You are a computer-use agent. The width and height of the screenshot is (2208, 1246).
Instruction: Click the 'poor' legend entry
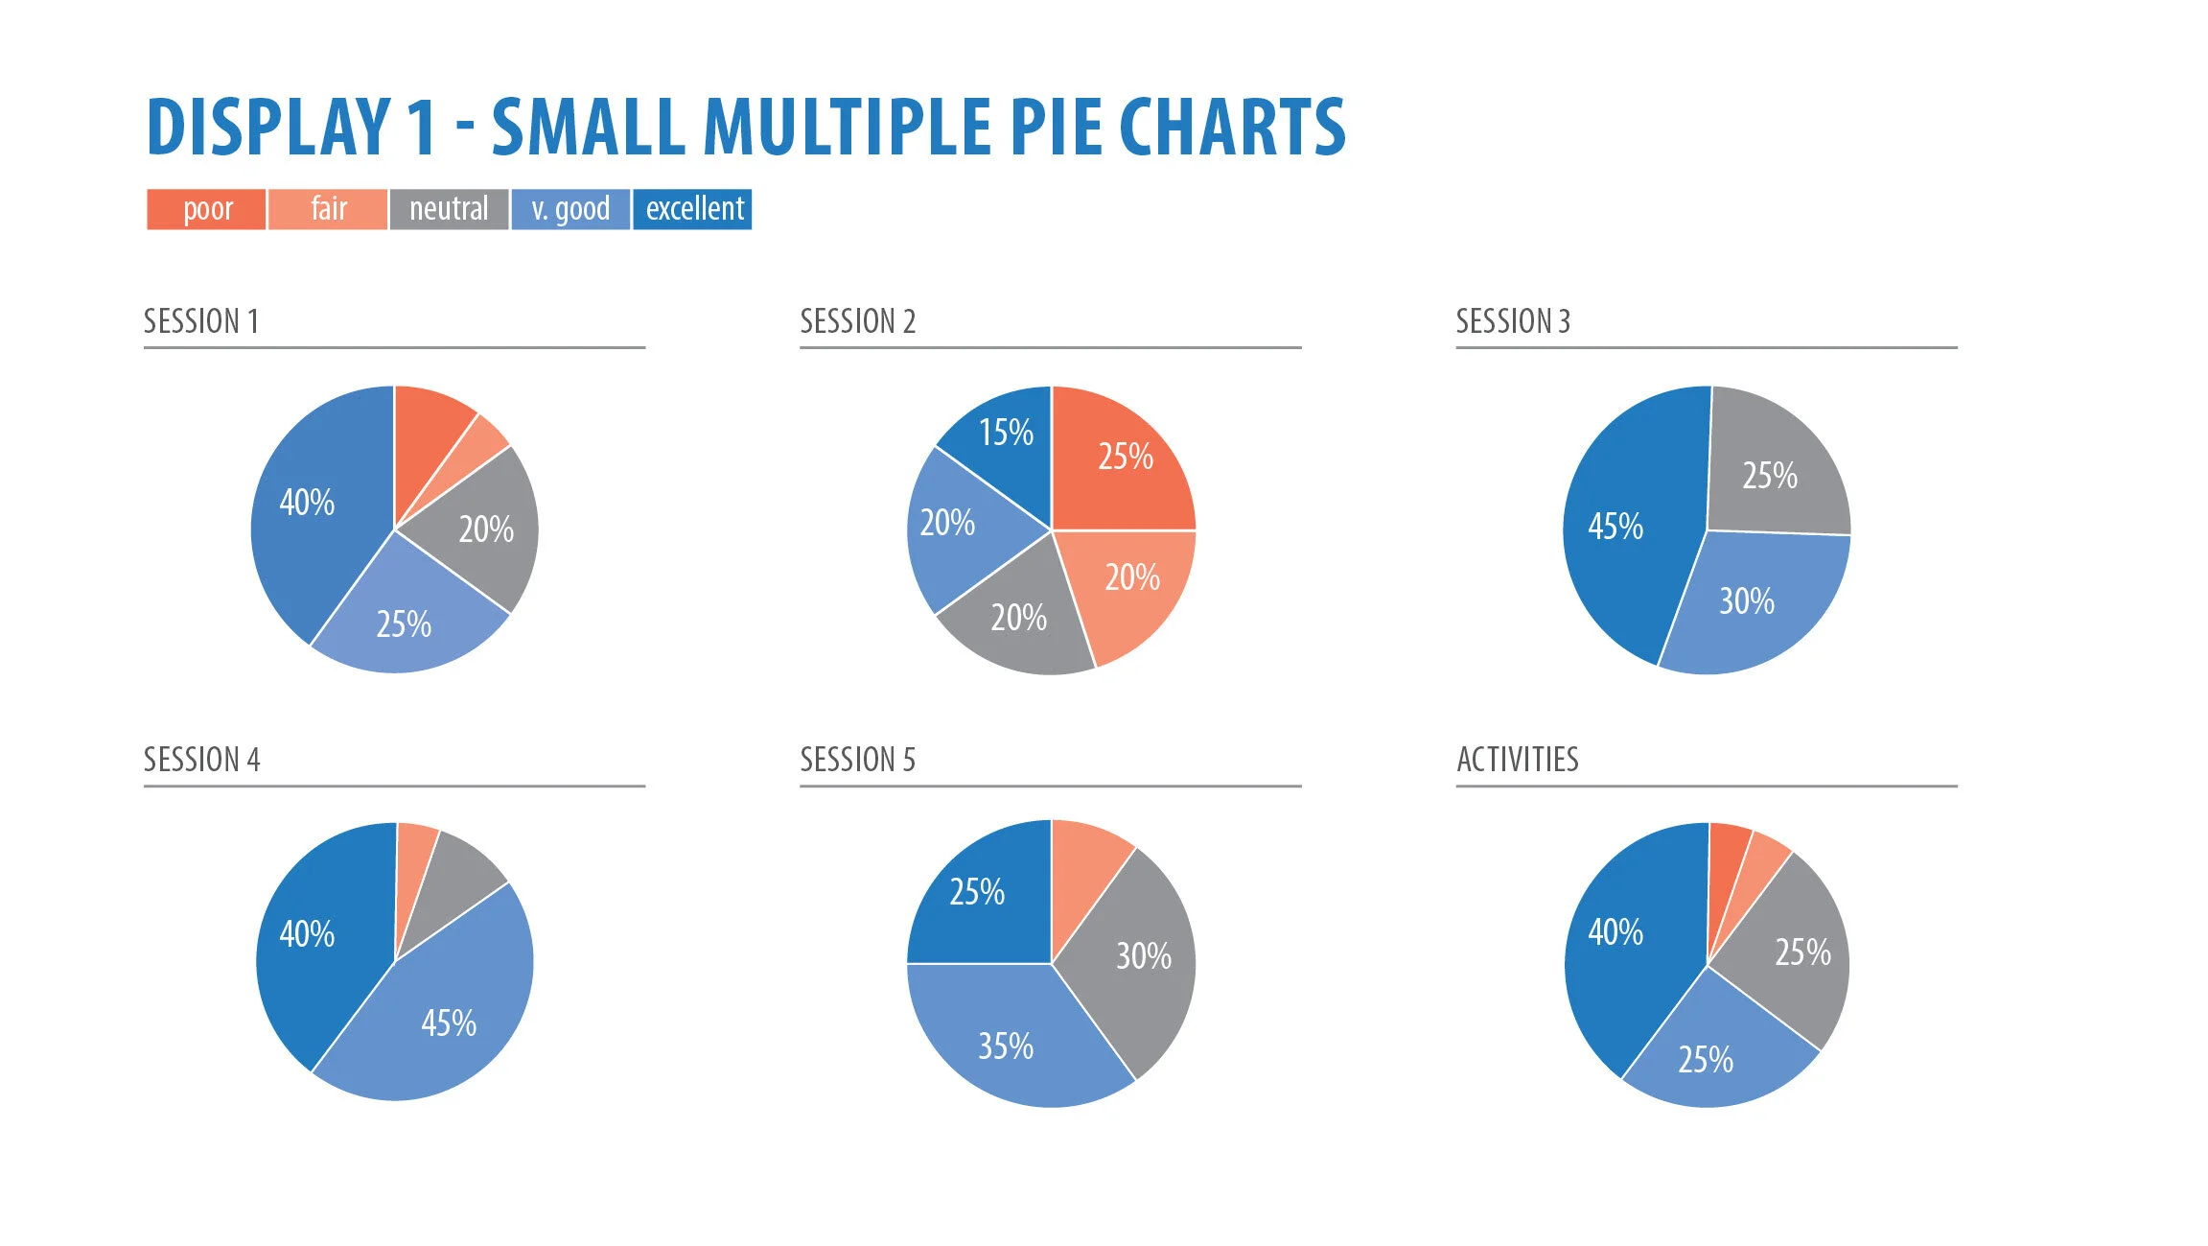click(206, 209)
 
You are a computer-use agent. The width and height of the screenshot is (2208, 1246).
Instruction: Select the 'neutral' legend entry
click(449, 209)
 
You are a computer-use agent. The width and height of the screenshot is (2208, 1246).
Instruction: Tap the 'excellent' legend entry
click(693, 209)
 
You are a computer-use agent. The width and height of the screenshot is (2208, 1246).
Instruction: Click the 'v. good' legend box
click(570, 209)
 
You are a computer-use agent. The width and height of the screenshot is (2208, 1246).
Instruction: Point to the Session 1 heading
click(201, 321)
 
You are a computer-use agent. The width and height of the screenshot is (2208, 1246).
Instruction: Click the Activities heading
click(1517, 760)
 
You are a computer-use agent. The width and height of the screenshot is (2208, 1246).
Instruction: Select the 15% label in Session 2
click(1006, 433)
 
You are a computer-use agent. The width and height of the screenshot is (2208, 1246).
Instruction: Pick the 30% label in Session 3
click(1746, 601)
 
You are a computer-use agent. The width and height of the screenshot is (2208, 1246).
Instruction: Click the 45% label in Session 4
click(449, 1023)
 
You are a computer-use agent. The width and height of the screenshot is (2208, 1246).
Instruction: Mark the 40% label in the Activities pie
click(1615, 932)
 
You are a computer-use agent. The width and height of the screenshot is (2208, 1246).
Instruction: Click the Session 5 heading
click(858, 760)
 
